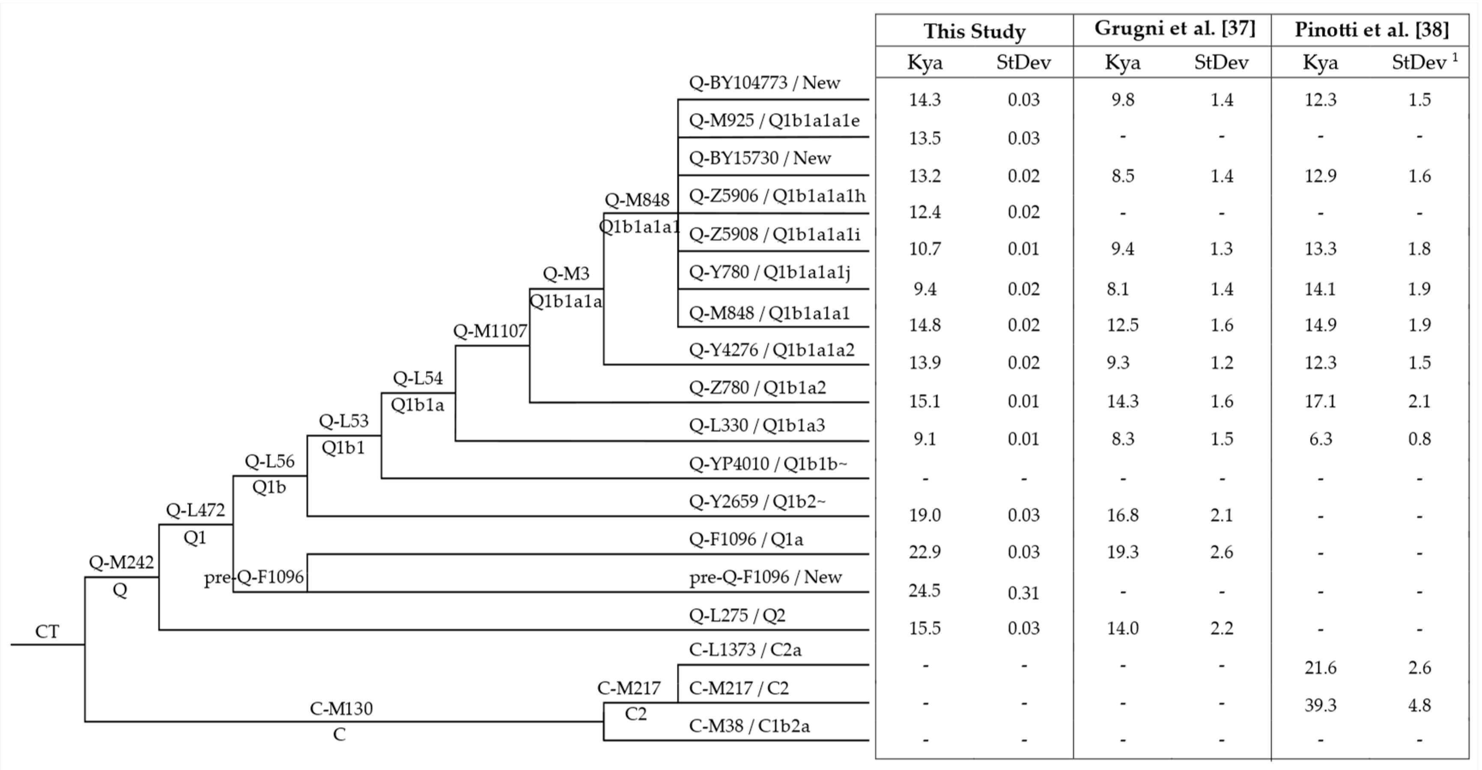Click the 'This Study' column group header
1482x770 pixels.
(974, 31)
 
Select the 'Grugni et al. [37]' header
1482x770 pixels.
(1174, 29)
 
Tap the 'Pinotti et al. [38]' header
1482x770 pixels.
(1372, 30)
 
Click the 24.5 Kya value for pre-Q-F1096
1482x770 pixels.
(924, 591)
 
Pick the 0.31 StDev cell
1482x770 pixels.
(1023, 593)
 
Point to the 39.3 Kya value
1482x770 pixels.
(1320, 705)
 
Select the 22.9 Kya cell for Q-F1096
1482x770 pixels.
(924, 552)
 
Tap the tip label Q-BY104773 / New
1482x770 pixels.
(764, 83)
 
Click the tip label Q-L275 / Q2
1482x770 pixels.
(737, 615)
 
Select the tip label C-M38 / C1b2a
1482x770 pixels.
(749, 726)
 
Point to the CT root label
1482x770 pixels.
(47, 631)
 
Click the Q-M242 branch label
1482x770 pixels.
(121, 562)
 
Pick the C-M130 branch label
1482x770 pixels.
(341, 708)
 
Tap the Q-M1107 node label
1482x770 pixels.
(489, 331)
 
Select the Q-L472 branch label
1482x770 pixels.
(195, 510)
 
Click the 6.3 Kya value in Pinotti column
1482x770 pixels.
(1320, 439)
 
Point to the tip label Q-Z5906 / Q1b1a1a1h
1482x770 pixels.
(777, 196)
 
